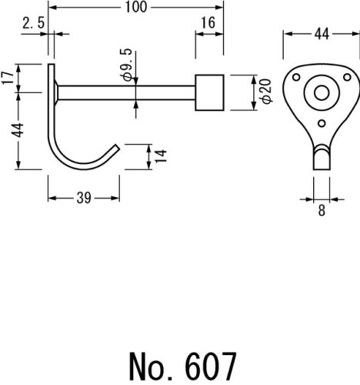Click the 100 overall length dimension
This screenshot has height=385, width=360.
pos(136,7)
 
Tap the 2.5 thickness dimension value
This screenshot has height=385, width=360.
pos(33,23)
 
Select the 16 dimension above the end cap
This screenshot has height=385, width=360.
pos(208,23)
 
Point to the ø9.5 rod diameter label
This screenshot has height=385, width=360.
pos(126,65)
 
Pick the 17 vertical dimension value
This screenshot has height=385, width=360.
pos(8,78)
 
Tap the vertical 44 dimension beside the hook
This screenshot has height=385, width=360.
pos(18,130)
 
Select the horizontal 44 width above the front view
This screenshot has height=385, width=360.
pos(322,34)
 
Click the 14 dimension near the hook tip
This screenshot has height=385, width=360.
pos(161,156)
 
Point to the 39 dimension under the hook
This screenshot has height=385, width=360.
pos(84,198)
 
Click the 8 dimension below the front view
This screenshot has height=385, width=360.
pos(322,210)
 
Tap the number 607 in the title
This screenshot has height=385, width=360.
pos(210,367)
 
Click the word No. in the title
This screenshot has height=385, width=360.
pos(150,367)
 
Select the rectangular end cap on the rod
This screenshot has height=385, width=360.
pos(209,92)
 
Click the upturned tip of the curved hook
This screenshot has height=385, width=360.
pos(118,147)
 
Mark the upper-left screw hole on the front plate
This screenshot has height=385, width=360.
pos(296,77)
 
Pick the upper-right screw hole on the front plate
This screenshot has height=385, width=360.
pos(347,77)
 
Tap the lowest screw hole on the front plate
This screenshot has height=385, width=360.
pos(322,123)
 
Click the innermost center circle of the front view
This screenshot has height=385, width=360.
pos(322,92)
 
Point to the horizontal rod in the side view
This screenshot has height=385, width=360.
pos(126,92)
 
